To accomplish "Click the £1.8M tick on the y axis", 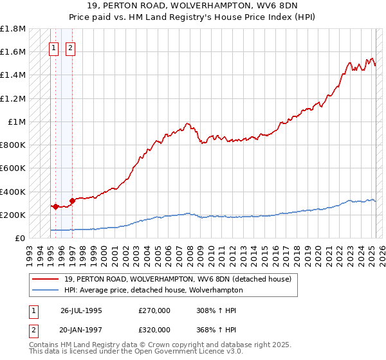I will tap(13, 29).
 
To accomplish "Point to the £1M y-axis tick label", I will tap(17, 122).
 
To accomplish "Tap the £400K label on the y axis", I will tap(13, 192).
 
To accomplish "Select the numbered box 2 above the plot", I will tap(69, 47).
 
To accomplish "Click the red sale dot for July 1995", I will tap(56, 206).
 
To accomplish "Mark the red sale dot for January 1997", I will tap(72, 201).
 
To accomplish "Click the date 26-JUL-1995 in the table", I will tap(81, 310).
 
